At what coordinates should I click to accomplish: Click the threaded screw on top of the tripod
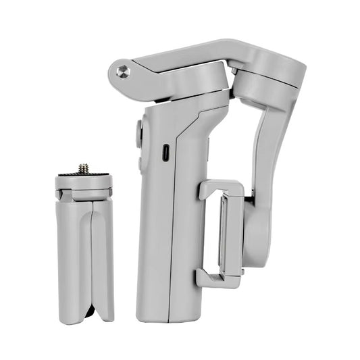(84, 168)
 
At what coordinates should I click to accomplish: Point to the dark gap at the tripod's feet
(88, 312)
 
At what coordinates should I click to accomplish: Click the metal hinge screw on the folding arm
(122, 71)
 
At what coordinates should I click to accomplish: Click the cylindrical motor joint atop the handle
(192, 84)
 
